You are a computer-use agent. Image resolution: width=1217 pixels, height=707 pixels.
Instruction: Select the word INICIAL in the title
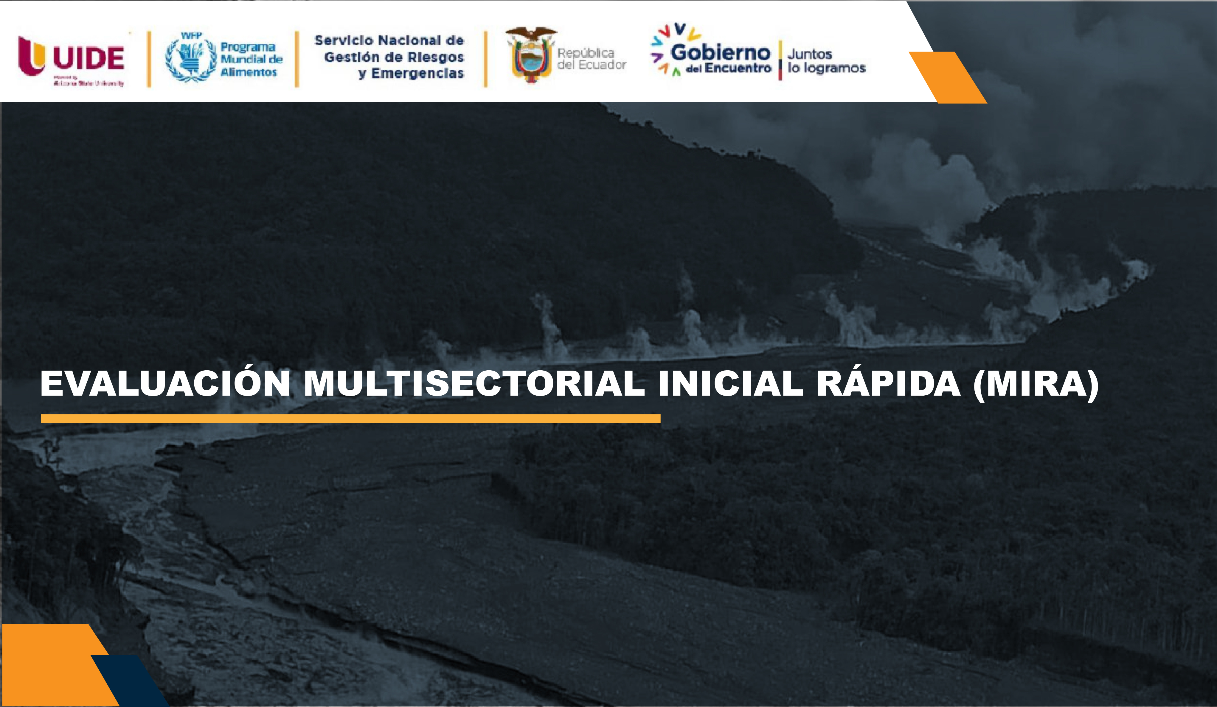(x=730, y=384)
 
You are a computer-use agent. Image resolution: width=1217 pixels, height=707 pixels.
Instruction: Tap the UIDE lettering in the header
(x=89, y=58)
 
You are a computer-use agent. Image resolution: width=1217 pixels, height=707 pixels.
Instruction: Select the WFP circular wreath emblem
(x=191, y=59)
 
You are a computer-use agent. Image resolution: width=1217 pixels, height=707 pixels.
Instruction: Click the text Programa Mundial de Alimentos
(x=251, y=59)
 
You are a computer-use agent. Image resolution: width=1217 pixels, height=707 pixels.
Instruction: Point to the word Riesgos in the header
(x=439, y=57)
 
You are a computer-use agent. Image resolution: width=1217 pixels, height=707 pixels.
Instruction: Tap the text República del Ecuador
(x=591, y=58)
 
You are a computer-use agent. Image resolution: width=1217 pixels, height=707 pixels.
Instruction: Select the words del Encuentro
(x=728, y=68)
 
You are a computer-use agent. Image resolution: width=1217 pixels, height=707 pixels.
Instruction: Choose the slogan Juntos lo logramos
(x=826, y=61)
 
